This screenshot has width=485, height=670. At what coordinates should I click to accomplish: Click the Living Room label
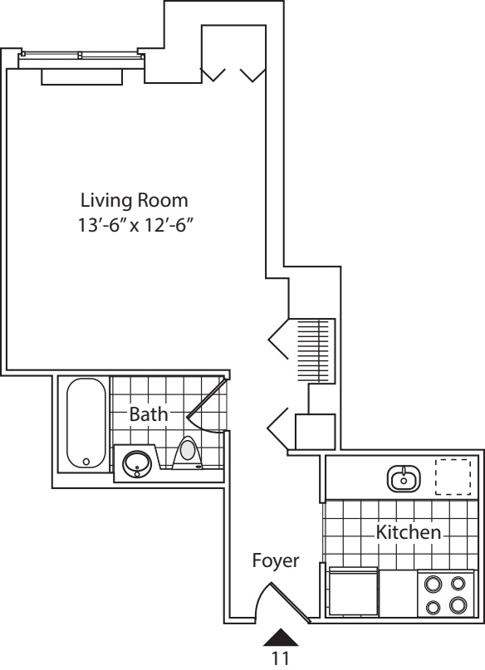coord(134,200)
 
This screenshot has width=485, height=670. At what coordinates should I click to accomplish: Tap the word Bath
coord(149,413)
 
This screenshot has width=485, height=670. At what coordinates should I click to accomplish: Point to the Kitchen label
coord(409,532)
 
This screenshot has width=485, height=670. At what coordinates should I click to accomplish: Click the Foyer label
coord(275,561)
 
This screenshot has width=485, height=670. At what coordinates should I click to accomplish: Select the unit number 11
coord(281,658)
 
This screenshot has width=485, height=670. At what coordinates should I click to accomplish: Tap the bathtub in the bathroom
coord(85,423)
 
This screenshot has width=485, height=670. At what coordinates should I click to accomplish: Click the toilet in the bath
coord(189,452)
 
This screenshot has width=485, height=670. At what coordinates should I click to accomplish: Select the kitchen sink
coord(404,478)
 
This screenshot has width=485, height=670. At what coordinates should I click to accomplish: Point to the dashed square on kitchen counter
coord(453,477)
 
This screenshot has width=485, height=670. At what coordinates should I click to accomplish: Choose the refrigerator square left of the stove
coord(354,593)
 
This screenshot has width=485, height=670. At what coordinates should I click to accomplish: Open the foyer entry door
coord(281,599)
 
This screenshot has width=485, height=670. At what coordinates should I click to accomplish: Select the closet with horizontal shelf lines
coord(315,350)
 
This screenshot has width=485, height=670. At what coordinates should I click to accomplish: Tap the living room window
coord(81,56)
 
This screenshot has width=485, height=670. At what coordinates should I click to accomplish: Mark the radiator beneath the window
coord(82,76)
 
